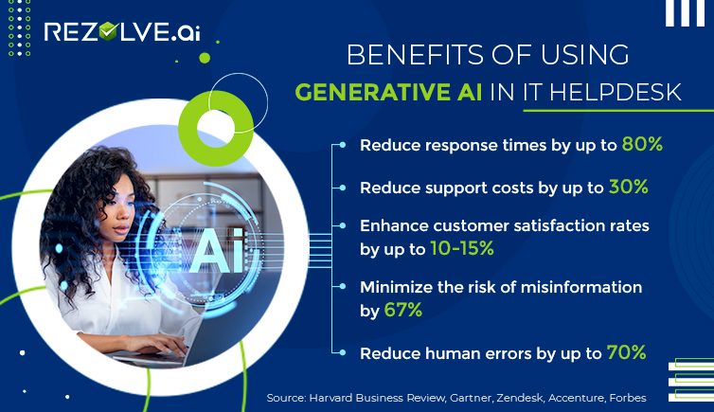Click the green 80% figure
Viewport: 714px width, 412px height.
coord(642,144)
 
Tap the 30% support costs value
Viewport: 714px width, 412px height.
coord(629,187)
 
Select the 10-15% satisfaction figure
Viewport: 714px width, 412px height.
coord(462,248)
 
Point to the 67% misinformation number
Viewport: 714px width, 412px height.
coord(403,310)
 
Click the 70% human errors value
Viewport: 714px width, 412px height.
coord(626,352)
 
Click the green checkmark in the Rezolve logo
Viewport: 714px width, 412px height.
coord(108,31)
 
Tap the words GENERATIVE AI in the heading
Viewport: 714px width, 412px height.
coord(388,93)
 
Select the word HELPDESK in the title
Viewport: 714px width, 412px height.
coord(616,93)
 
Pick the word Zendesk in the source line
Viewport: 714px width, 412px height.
coord(520,398)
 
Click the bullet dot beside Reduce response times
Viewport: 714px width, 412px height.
coord(343,145)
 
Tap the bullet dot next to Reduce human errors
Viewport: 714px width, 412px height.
coord(343,353)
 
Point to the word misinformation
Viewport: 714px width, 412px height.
coord(581,287)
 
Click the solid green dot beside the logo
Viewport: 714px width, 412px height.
coord(205,58)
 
